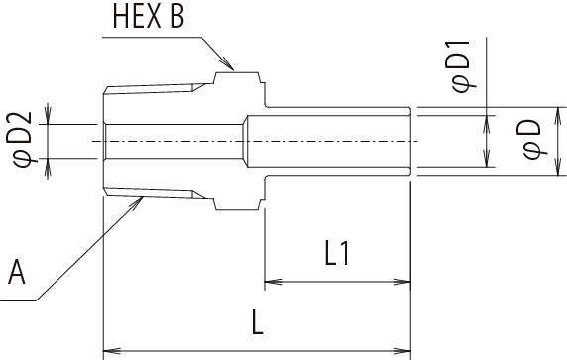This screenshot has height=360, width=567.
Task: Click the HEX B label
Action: click(149, 16)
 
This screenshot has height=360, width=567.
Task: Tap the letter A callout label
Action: click(17, 272)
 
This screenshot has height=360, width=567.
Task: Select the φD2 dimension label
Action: click(22, 139)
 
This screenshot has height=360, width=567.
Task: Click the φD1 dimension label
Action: click(462, 66)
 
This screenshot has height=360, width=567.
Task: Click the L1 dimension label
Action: click(337, 254)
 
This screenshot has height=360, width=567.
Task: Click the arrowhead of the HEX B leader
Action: click(228, 64)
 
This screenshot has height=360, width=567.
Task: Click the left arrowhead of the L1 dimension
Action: click(273, 281)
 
